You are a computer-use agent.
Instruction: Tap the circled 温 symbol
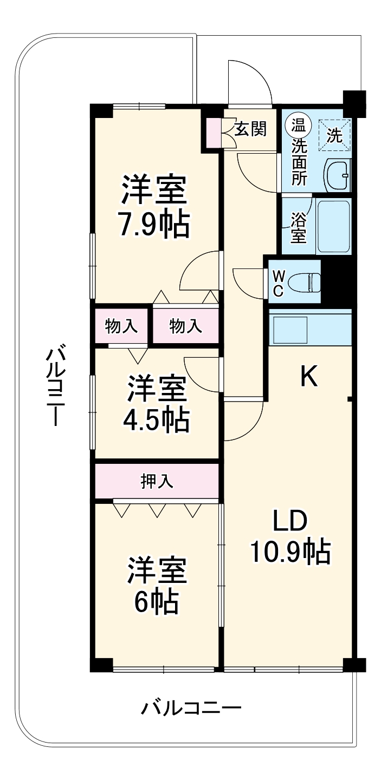[298, 126]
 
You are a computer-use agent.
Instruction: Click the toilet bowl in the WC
[303, 281]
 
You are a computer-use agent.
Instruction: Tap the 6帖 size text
[157, 601]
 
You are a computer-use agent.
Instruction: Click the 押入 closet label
[157, 481]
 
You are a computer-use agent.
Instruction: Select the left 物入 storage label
[121, 326]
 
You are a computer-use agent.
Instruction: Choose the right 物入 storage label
[186, 326]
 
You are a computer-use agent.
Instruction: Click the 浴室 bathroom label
[298, 227]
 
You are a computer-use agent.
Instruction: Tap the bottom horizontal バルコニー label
[191, 707]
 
